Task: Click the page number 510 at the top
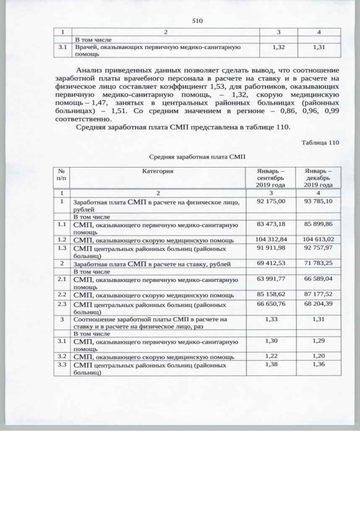tap(197, 21)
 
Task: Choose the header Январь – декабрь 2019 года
tap(318, 177)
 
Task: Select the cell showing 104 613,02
tap(318, 239)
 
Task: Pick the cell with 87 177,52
tap(318, 294)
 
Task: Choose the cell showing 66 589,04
tap(318, 278)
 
